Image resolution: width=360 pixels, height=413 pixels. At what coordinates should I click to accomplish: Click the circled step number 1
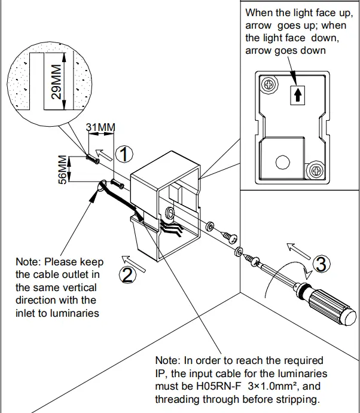coord(123,155)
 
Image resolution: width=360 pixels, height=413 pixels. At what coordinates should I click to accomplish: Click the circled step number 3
coord(321,264)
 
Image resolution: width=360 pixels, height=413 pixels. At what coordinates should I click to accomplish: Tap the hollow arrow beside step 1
coord(105,154)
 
